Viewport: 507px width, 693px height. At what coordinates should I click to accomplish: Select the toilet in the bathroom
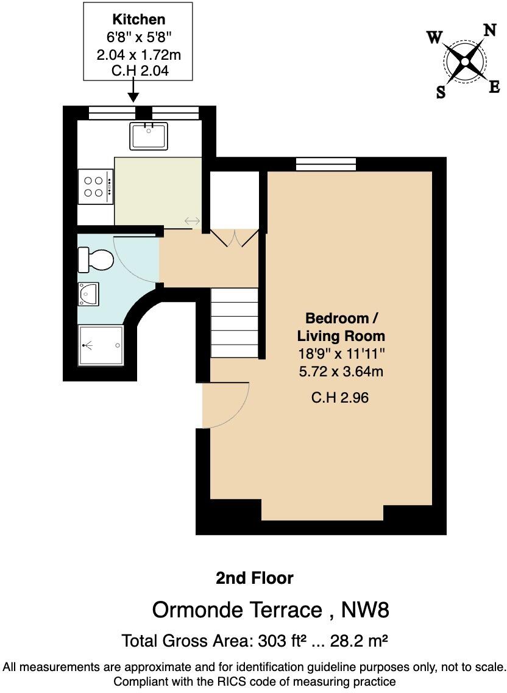pyautogui.click(x=95, y=260)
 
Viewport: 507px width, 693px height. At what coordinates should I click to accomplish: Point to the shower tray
pyautogui.click(x=101, y=345)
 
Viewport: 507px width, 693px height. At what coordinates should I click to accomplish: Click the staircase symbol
pyautogui.click(x=235, y=323)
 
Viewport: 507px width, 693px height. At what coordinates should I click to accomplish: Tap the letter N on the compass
pyautogui.click(x=490, y=31)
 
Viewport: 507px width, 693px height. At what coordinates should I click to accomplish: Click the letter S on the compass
pyautogui.click(x=441, y=92)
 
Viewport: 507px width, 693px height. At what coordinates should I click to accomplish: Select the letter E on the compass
pyautogui.click(x=494, y=87)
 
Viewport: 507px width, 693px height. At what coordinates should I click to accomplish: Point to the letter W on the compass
pyautogui.click(x=434, y=38)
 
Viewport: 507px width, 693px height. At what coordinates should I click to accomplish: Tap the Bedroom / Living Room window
pyautogui.click(x=326, y=163)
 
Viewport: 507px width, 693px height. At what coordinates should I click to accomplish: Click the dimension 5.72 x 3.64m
pyautogui.click(x=341, y=371)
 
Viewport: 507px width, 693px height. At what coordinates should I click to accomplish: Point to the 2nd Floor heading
pyautogui.click(x=254, y=578)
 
